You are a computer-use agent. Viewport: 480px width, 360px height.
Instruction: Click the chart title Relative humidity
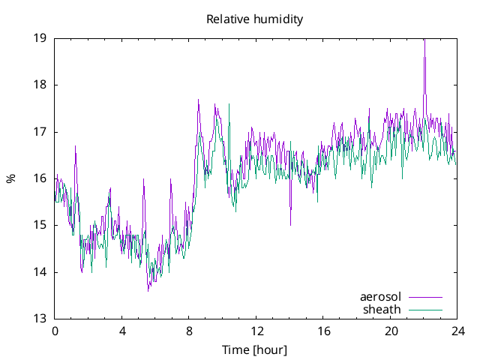(x=255, y=19)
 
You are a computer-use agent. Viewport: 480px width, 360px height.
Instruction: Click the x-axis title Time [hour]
(x=255, y=349)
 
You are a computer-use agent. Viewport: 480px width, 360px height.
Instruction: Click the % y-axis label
(x=10, y=178)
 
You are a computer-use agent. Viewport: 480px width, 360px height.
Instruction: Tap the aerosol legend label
(x=380, y=297)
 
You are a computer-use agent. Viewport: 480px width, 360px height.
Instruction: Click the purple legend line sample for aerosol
(x=425, y=297)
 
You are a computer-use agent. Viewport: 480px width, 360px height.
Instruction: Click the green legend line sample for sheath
(x=425, y=309)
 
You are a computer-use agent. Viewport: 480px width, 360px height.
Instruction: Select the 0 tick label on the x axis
(x=55, y=331)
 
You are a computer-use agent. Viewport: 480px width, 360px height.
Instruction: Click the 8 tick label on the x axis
(x=190, y=331)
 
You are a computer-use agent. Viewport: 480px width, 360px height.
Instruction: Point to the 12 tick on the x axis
(x=256, y=331)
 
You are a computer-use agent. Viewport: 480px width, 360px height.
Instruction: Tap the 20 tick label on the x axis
(x=391, y=331)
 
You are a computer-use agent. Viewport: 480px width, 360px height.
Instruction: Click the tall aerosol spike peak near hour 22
(x=424, y=40)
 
